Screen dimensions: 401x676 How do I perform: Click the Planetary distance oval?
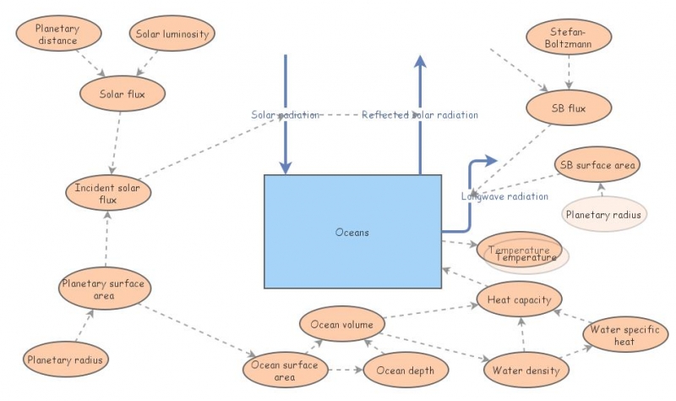[57, 35]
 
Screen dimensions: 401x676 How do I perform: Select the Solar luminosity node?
[172, 34]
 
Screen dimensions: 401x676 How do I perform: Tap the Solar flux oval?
[123, 93]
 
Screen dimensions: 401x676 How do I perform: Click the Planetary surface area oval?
[106, 288]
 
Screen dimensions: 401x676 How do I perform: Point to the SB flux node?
[568, 108]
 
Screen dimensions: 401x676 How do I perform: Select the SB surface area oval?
[598, 165]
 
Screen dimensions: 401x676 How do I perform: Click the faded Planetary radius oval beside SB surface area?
[604, 214]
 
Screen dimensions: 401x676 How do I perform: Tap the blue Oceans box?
[352, 232]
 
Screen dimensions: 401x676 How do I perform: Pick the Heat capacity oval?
[519, 299]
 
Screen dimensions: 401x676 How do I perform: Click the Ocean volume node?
[342, 324]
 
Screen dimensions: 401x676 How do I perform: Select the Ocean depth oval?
[406, 371]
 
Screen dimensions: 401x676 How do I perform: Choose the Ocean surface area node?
[284, 371]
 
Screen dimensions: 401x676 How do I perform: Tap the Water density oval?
[526, 371]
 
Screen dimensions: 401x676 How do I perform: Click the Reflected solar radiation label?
[420, 115]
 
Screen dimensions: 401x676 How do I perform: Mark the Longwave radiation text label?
[504, 196]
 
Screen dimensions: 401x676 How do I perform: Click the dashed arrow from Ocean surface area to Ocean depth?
[344, 370]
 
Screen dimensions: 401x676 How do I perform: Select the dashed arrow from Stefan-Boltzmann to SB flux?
[568, 74]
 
